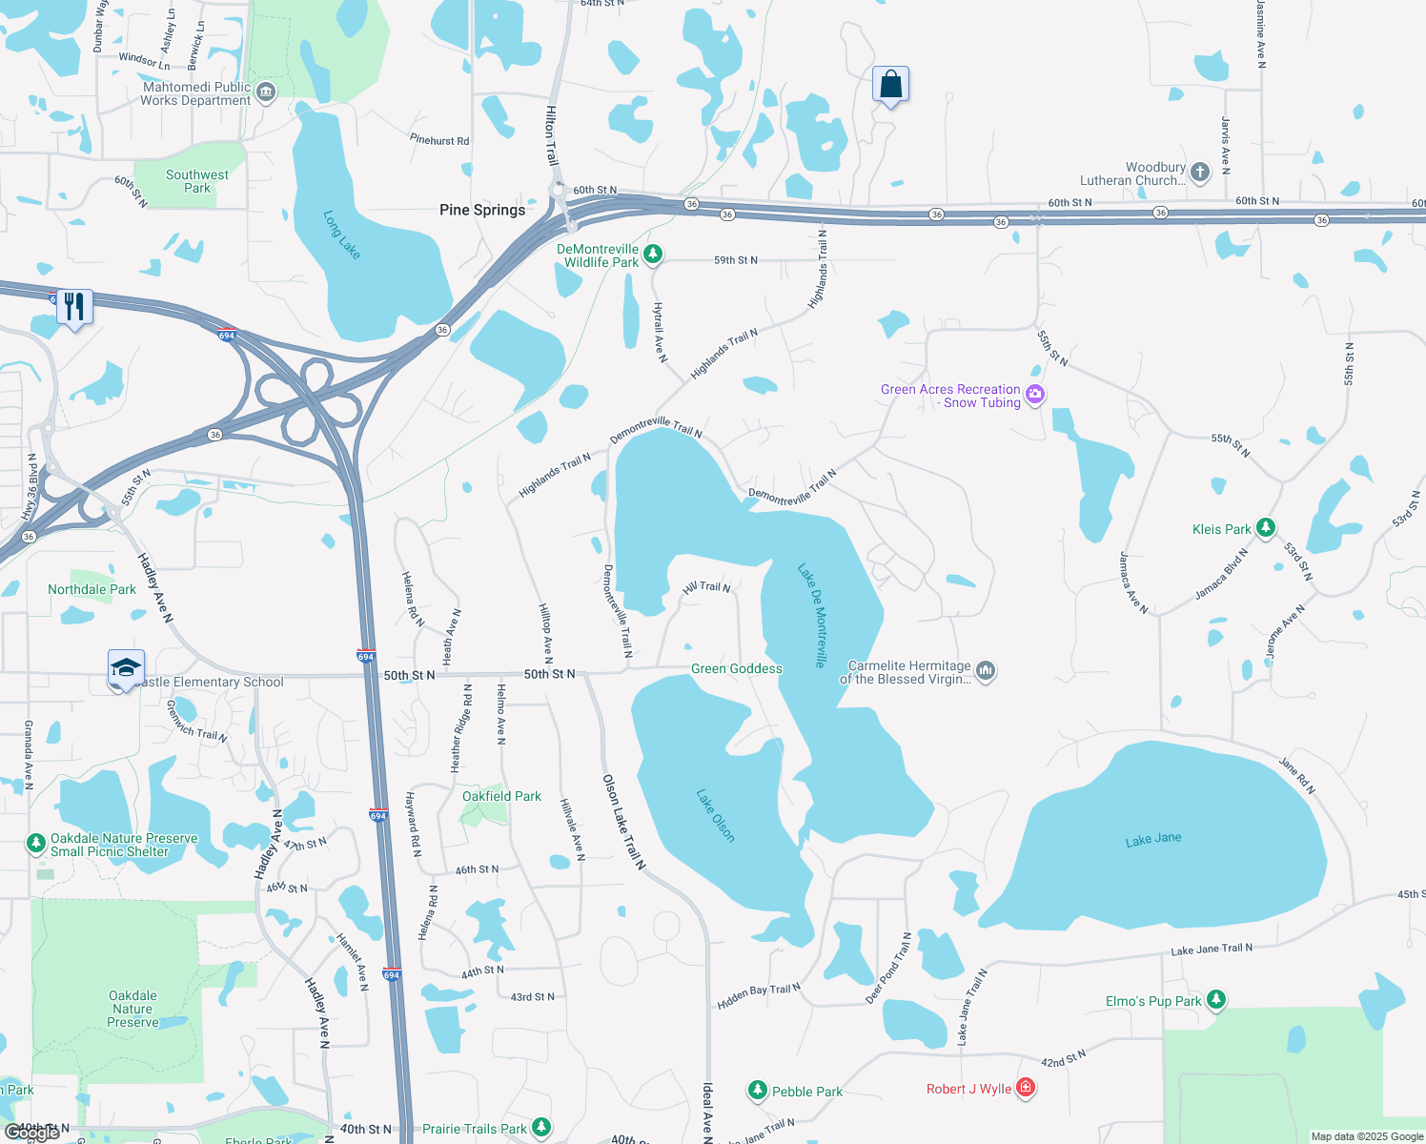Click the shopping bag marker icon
890,85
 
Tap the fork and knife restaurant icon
74,307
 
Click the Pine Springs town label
482,210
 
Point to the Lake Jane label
1153,839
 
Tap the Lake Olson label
716,815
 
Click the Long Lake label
341,235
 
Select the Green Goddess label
736,669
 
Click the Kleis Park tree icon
1265,527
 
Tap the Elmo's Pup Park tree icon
1215,999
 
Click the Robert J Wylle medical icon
1026,1087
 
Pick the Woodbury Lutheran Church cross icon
1200,173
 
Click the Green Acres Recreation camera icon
1035,394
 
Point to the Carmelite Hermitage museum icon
986,671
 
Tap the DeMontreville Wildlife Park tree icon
653,254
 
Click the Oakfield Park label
501,796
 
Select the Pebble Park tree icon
758,1090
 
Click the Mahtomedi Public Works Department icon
266,92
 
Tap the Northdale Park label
92,589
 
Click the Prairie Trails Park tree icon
541,1128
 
